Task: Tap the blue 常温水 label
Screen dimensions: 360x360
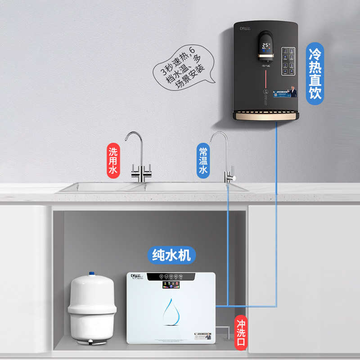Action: click(203, 161)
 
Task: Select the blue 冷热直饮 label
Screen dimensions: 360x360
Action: click(316, 74)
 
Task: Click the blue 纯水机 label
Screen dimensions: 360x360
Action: click(171, 255)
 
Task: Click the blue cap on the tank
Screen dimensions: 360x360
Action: click(92, 274)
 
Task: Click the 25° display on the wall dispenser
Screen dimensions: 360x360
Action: click(266, 46)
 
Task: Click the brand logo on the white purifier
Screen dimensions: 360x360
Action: click(136, 276)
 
